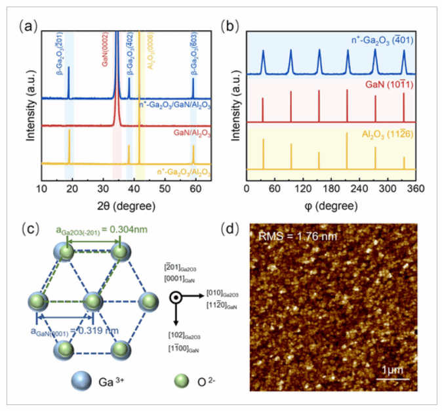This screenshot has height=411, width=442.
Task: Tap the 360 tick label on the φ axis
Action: [x=415, y=190]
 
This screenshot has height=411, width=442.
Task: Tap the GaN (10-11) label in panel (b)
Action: [x=386, y=85]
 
